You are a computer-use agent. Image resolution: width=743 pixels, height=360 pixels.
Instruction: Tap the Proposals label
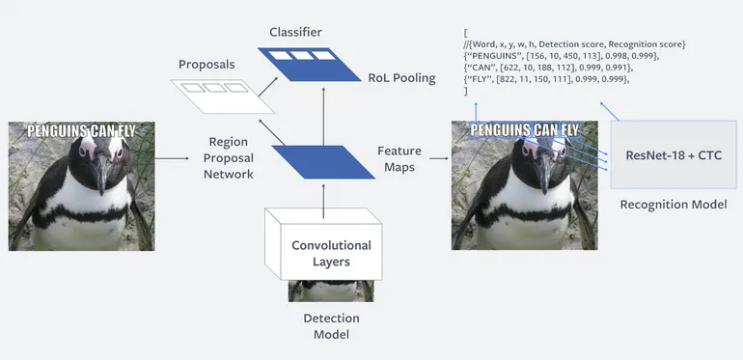tap(206, 65)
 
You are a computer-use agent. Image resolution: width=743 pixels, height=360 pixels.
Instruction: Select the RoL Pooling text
tap(401, 77)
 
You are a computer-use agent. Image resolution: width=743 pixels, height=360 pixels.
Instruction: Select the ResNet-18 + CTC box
tap(674, 154)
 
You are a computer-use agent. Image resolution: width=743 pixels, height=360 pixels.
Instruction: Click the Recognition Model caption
tap(674, 204)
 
